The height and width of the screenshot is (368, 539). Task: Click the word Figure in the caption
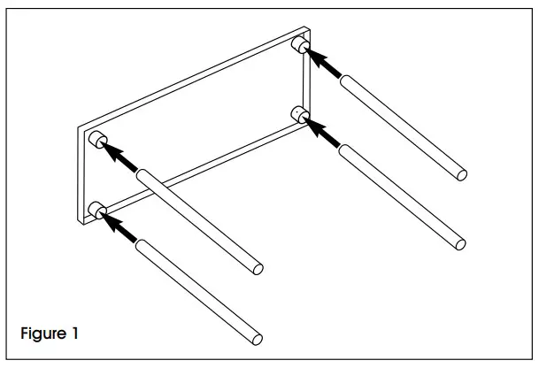(x=44, y=333)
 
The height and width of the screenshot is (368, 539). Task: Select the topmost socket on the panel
(x=301, y=44)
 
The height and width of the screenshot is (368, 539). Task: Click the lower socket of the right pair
(x=300, y=115)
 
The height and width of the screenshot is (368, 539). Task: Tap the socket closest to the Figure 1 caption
(x=97, y=211)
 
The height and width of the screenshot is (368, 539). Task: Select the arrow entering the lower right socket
(x=322, y=134)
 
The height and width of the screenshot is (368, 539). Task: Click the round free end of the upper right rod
(x=461, y=174)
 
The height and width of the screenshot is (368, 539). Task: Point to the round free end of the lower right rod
(x=458, y=241)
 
